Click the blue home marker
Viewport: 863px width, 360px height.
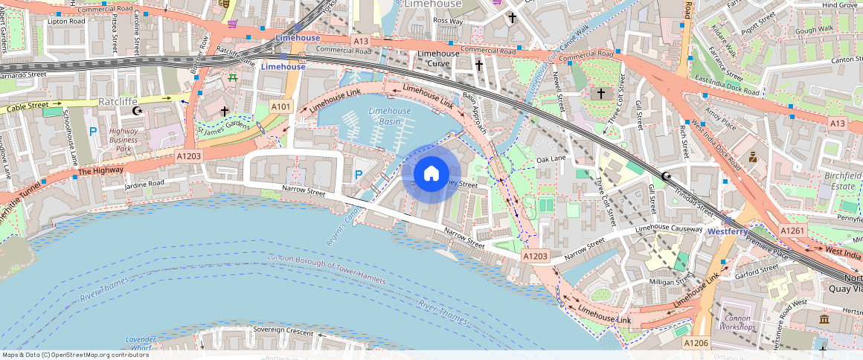[431, 173]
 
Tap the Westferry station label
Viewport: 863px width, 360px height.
[727, 231]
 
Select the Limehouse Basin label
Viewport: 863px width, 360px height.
[389, 116]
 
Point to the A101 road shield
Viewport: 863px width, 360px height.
[280, 107]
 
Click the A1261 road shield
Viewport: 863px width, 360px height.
[792, 232]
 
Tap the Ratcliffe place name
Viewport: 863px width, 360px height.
[121, 100]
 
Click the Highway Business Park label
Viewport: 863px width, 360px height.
[123, 140]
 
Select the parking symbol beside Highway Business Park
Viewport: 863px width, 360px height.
[93, 132]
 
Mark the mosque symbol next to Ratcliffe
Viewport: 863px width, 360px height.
[136, 111]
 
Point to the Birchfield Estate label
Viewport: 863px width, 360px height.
[842, 181]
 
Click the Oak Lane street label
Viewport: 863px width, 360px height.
[551, 159]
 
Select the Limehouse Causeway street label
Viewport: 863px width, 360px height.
[668, 228]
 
